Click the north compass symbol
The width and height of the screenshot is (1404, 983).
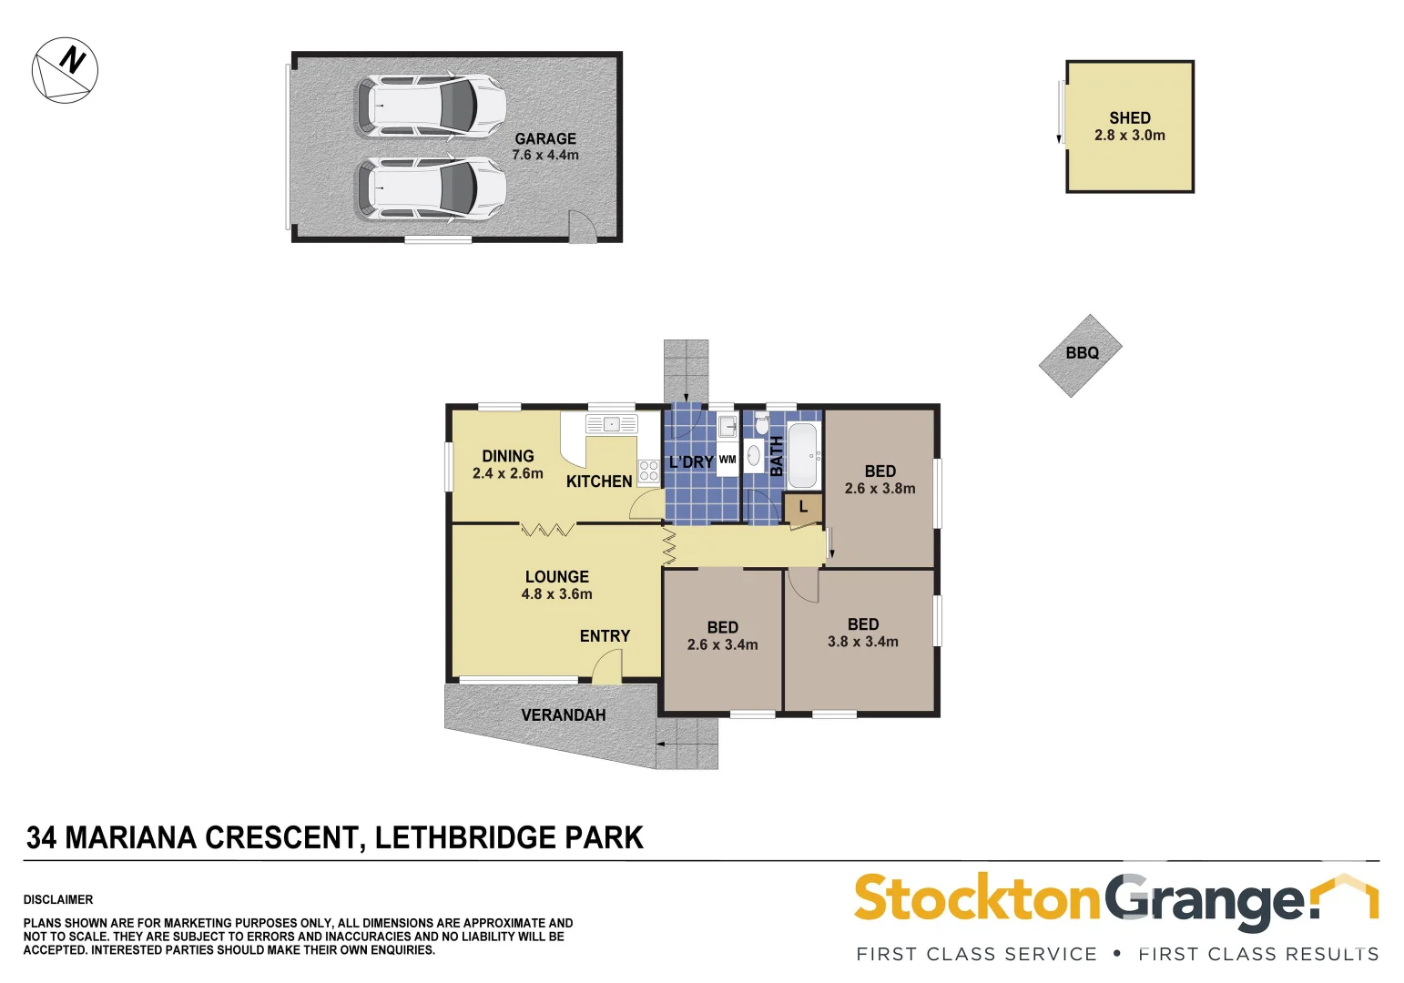coord(65,70)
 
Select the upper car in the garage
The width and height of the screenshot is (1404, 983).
coord(430,106)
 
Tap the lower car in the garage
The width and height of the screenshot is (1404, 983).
coord(430,188)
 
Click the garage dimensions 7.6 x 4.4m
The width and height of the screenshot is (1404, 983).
coord(544,156)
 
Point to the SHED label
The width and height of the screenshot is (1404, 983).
coord(1129,117)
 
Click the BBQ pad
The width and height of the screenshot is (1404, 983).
coord(1081,354)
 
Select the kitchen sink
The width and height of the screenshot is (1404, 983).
coord(612,424)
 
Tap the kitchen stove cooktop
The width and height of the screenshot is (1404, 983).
coord(648,471)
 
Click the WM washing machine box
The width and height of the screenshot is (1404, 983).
coord(727,460)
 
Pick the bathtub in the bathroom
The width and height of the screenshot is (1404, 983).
coord(803,455)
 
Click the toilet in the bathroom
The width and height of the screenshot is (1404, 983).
coord(762,423)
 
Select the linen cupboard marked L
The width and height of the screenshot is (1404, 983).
coord(803,507)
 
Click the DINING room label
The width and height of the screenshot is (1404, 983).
coord(508,456)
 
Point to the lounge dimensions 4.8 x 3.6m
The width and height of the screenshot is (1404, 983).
coord(556,594)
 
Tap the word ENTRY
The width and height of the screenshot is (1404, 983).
coord(605,636)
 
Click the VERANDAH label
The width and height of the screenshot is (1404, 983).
coord(563,715)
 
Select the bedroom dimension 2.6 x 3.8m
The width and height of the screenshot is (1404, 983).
coord(880,489)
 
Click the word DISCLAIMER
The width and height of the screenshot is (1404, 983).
coord(58,899)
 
